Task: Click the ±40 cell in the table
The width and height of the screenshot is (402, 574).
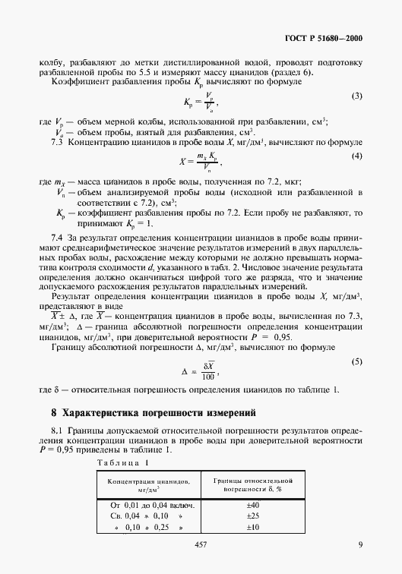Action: pos(252,505)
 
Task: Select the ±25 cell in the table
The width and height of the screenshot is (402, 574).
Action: pos(252,516)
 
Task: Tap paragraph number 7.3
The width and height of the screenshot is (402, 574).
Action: pos(56,121)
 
